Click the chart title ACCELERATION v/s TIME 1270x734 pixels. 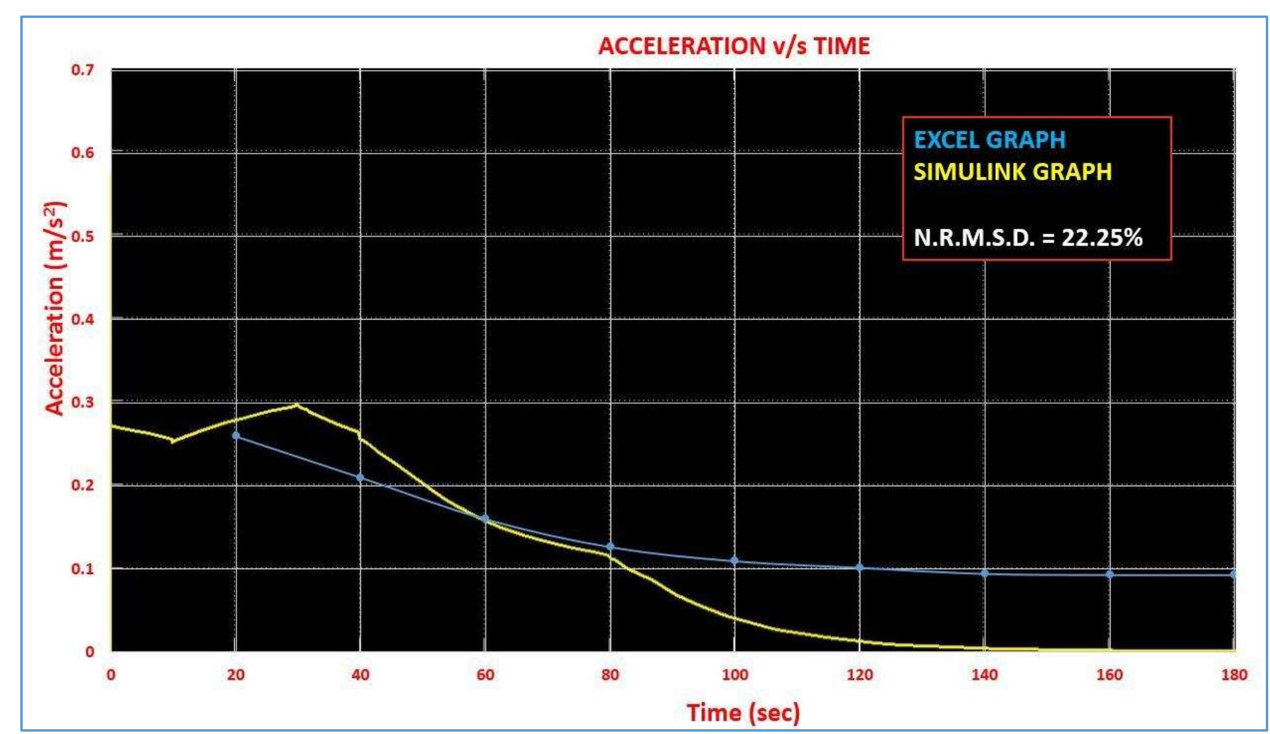click(734, 46)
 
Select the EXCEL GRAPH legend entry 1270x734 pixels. click(990, 140)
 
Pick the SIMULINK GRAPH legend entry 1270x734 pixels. click(1013, 172)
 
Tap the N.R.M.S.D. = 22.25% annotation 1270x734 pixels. click(1027, 238)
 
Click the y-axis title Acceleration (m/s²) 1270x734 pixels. click(54, 308)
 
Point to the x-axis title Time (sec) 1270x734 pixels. click(743, 712)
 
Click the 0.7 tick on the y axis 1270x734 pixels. click(82, 70)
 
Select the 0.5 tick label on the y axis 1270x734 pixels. click(82, 236)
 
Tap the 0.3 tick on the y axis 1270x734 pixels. click(82, 402)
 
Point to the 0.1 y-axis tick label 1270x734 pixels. click(82, 569)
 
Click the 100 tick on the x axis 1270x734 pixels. click(734, 675)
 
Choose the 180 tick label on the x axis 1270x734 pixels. click(1234, 675)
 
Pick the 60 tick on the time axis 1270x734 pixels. click(485, 675)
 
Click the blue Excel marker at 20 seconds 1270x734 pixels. click(236, 436)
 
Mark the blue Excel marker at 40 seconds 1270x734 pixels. click(360, 478)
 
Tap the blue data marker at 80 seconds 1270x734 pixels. click(610, 547)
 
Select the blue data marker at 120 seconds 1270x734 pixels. click(860, 567)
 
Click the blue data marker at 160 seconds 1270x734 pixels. click(1109, 575)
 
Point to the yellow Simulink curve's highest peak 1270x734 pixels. click(297, 406)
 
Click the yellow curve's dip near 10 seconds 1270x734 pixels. click(173, 441)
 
